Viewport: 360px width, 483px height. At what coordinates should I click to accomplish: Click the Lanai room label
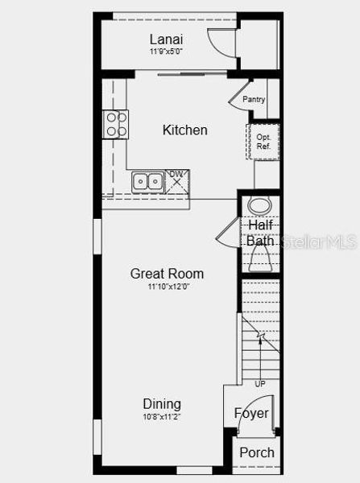(166, 39)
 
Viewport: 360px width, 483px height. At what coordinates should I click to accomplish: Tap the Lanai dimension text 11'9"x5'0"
(166, 52)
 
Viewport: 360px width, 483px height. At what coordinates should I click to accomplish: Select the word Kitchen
(184, 130)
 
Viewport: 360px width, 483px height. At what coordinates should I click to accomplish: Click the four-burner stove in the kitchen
(116, 123)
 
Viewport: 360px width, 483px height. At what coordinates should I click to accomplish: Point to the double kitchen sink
(147, 182)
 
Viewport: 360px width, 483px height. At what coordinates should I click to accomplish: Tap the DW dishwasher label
(175, 175)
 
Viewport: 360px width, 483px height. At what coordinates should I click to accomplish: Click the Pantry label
(254, 100)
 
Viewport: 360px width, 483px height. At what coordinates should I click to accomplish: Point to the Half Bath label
(260, 233)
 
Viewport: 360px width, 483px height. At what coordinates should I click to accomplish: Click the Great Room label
(167, 274)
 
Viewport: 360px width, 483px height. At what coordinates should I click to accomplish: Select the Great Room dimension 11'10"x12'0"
(168, 286)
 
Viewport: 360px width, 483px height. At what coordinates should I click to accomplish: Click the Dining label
(162, 404)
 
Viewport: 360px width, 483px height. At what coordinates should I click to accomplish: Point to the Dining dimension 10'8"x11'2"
(162, 416)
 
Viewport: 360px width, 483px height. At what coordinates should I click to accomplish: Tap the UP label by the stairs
(259, 383)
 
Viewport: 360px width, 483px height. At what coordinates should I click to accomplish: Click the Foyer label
(251, 413)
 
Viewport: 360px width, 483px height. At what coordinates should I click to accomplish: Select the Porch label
(256, 452)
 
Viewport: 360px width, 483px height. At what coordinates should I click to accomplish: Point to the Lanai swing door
(219, 42)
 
